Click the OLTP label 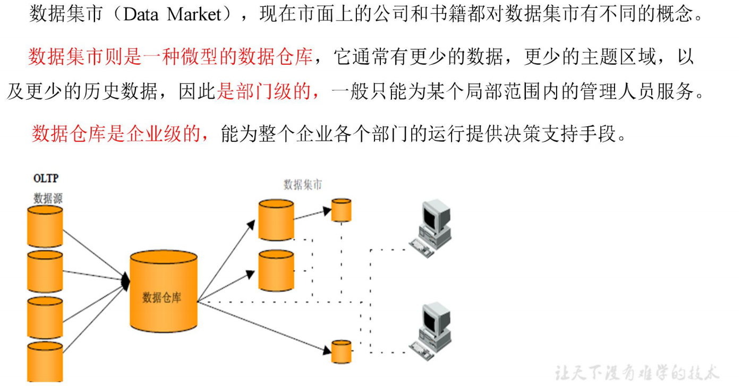[46, 178]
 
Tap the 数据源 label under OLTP [48, 199]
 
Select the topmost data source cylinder [45, 226]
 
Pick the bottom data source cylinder [45, 361]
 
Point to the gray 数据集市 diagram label [302, 185]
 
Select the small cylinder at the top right [341, 210]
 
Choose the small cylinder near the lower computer [341, 351]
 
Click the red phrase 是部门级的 [268, 93]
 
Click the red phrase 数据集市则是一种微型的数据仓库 [170, 56]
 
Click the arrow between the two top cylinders [312, 214]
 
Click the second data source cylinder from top [45, 271]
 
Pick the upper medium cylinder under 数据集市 [276, 220]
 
